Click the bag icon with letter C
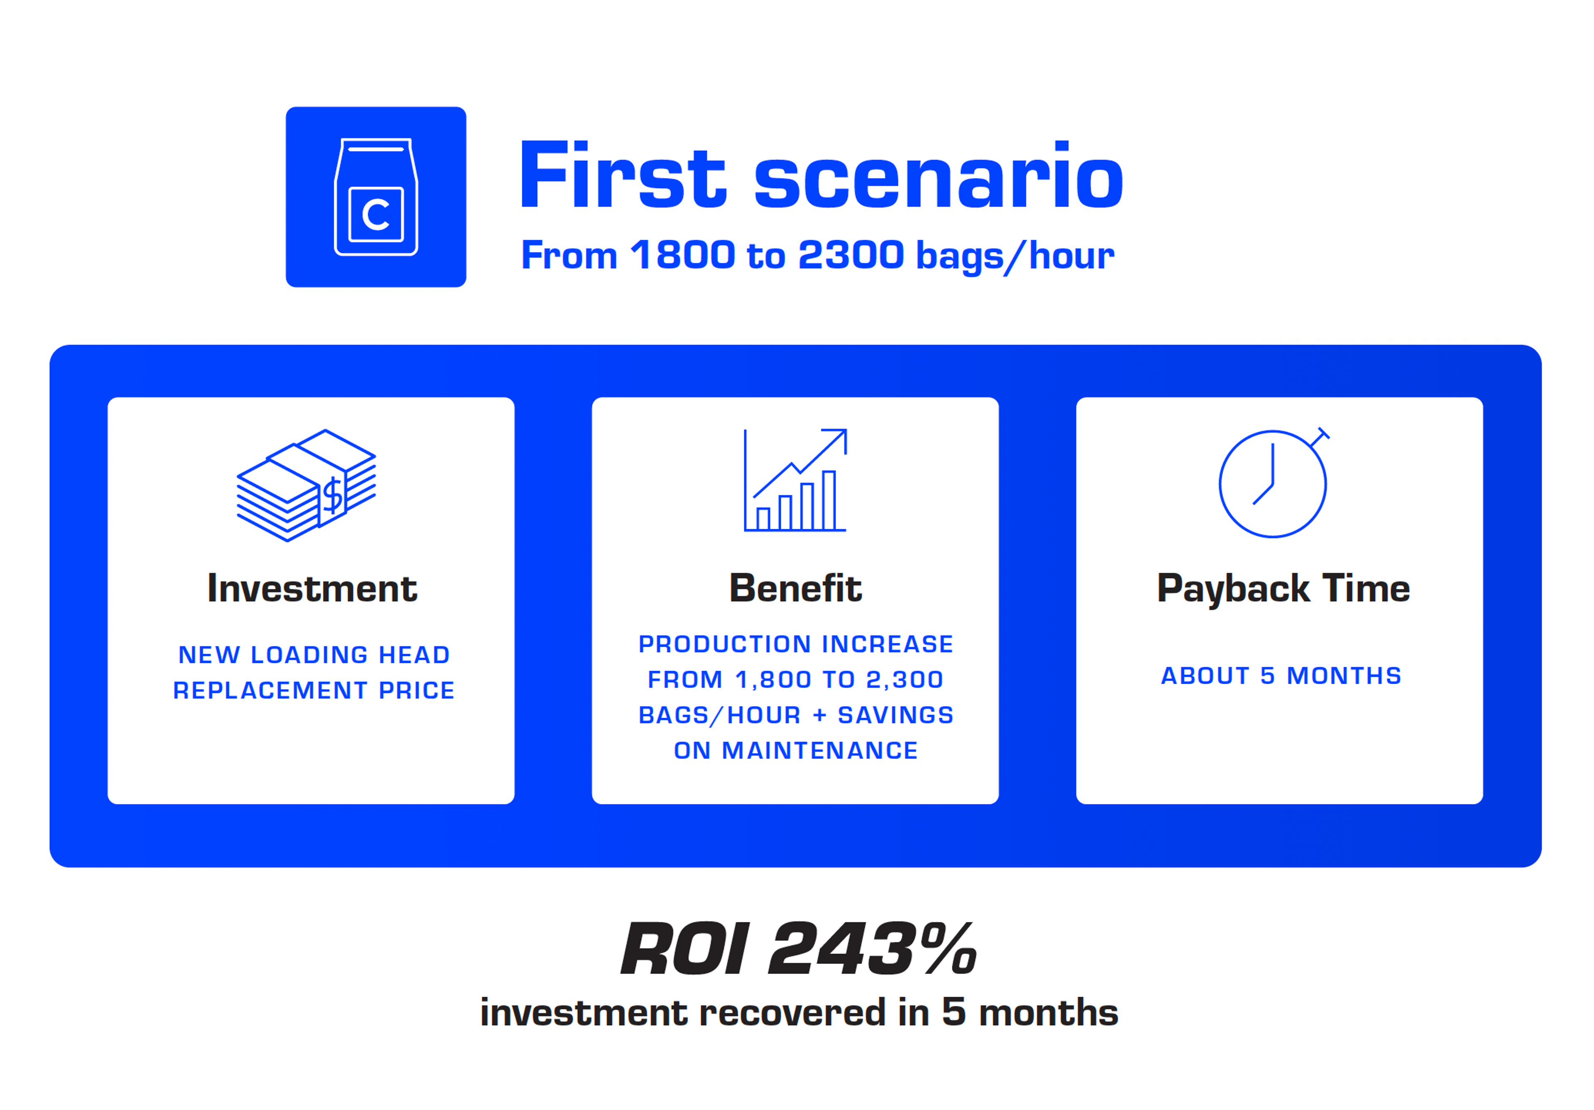pos(376,197)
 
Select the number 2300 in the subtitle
pos(851,255)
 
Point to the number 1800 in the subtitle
pos(682,255)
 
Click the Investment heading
pos(312,589)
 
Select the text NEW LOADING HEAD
pos(314,655)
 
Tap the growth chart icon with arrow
pos(795,480)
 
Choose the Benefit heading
pos(795,589)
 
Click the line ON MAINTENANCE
pos(796,751)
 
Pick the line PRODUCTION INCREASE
pos(796,644)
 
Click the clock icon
pos(1273,484)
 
